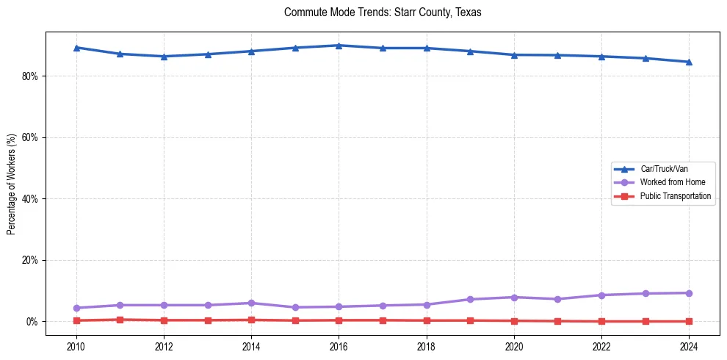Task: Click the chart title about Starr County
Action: (382, 12)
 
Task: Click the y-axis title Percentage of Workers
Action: (11, 184)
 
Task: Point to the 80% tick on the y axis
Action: (30, 76)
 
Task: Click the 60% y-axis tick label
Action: (30, 137)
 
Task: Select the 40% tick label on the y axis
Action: (30, 199)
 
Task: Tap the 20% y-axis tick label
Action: (30, 260)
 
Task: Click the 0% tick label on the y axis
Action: (32, 322)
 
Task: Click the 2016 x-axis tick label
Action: (339, 346)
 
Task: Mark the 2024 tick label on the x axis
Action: (689, 346)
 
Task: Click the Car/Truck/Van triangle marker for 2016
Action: (339, 46)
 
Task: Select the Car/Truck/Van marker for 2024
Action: (689, 62)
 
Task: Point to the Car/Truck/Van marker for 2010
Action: (76, 48)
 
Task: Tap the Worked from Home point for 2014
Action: (251, 303)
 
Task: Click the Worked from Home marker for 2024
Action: (689, 293)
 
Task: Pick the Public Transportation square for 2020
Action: (514, 320)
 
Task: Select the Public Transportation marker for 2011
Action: (120, 320)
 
